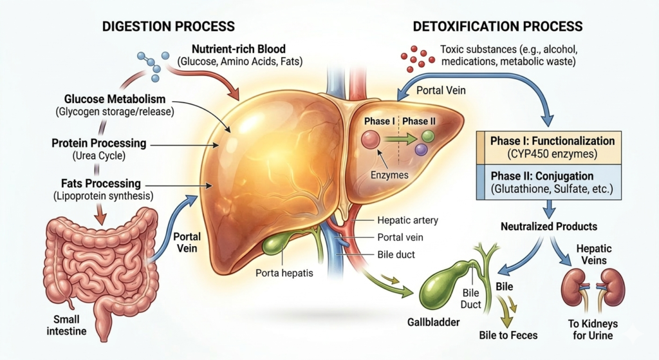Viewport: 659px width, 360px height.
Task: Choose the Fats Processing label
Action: click(x=97, y=184)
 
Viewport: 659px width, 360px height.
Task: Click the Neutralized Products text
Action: click(x=549, y=227)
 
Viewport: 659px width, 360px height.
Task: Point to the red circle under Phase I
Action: click(x=370, y=138)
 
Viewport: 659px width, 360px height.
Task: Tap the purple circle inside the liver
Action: click(x=422, y=149)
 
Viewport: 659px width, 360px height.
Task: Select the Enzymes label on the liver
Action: click(x=392, y=175)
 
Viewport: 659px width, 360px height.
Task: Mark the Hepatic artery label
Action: click(x=408, y=220)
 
